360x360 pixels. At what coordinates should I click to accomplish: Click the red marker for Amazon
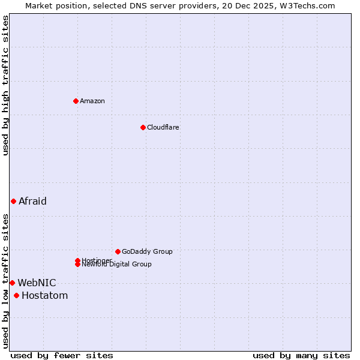[76, 101]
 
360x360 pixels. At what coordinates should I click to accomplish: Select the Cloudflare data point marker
[143, 127]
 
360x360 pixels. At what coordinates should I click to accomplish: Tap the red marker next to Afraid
[13, 201]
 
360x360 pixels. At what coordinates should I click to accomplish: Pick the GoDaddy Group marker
[118, 251]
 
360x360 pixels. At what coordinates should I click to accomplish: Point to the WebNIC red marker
[12, 283]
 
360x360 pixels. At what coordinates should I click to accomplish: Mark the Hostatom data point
[16, 295]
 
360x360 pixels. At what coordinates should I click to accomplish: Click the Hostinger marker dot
[77, 260]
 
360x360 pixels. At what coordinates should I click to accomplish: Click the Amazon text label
[92, 101]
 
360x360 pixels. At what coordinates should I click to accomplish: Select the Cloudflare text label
[163, 127]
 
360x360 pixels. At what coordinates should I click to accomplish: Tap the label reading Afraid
[32, 201]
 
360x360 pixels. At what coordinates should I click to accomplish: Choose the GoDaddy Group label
[147, 251]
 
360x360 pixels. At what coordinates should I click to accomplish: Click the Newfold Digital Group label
[117, 265]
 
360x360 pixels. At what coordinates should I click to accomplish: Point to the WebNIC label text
[37, 283]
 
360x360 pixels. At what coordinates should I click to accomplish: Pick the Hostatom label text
[44, 295]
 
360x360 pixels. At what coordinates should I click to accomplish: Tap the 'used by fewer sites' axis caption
[62, 355]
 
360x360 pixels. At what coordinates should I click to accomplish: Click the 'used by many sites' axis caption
[301, 355]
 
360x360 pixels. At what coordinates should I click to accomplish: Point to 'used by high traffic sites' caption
[5, 85]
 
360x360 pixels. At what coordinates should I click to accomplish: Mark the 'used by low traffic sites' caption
[5, 281]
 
